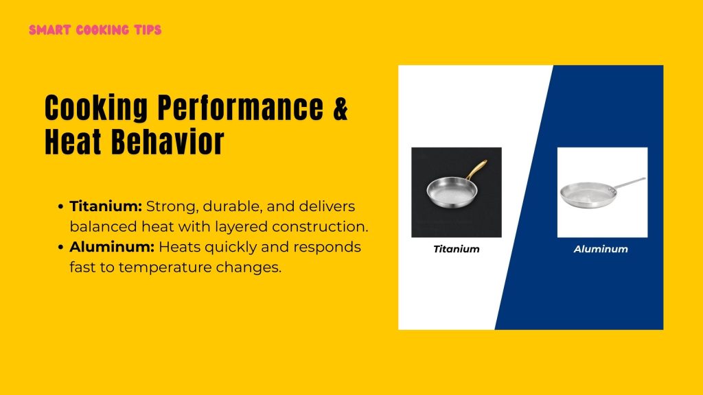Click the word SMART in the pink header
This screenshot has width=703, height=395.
point(46,30)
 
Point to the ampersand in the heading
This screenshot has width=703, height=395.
point(341,108)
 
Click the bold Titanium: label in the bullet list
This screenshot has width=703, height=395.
point(106,206)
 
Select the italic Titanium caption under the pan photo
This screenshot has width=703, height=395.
point(457,249)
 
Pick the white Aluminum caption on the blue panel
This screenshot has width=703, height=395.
point(601,249)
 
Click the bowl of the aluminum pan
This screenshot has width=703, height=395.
point(585,195)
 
